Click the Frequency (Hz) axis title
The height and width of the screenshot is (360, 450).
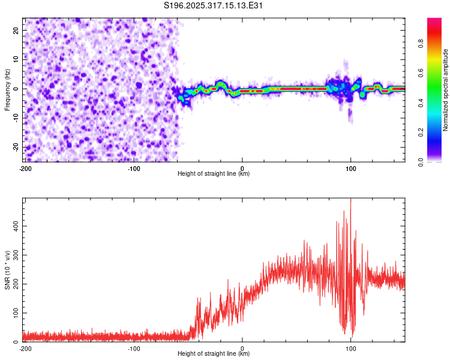pos(7,88)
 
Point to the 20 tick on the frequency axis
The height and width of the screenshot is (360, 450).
pos(17,30)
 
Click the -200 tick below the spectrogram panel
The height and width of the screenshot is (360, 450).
pos(25,168)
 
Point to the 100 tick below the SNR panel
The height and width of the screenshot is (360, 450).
pos(350,348)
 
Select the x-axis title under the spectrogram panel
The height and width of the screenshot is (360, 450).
pos(214,174)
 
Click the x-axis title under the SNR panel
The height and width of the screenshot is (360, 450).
pos(214,354)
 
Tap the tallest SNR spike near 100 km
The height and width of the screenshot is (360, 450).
pos(350,200)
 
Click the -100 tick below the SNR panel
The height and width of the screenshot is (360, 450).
pos(134,348)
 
